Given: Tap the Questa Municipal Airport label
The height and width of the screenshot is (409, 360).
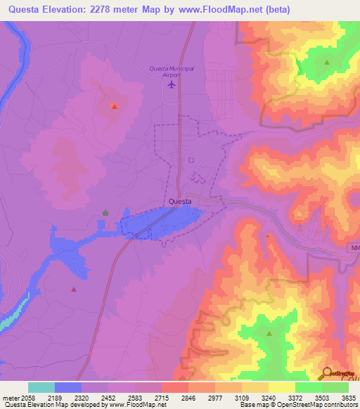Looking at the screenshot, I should tap(172, 71).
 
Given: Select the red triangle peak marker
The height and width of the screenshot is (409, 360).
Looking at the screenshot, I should tap(114, 106).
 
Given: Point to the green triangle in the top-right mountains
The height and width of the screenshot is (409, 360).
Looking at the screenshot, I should tap(327, 63).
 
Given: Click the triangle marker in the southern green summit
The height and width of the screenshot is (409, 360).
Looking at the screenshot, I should tap(269, 335).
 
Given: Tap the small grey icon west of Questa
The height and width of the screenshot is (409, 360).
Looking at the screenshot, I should tap(105, 212).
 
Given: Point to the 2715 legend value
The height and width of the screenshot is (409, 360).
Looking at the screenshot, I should tap(161, 397).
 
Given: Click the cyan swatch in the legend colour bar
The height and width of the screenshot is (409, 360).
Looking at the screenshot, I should tap(41, 387).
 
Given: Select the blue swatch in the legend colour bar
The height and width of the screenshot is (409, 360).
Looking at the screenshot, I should tap(68, 387).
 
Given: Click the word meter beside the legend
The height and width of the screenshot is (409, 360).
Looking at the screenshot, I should tap(9, 397).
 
